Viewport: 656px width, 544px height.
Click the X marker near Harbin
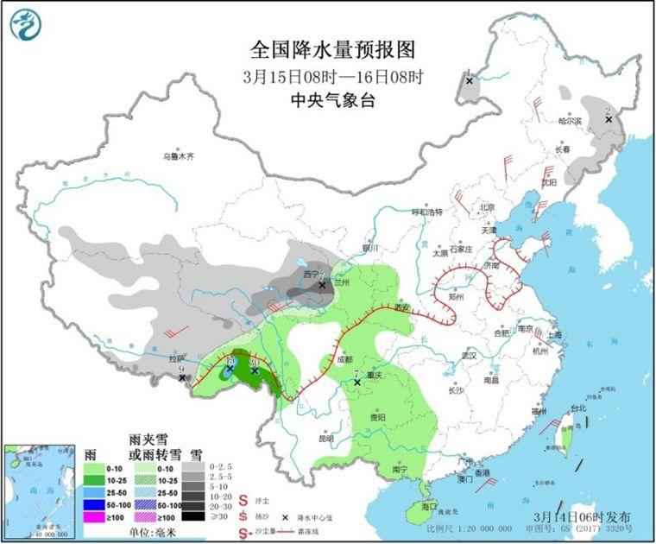point(609,119)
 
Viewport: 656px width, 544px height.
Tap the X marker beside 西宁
point(322,284)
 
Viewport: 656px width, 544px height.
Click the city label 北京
point(488,207)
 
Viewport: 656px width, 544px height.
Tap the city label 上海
point(554,335)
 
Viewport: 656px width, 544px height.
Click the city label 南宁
point(400,469)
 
